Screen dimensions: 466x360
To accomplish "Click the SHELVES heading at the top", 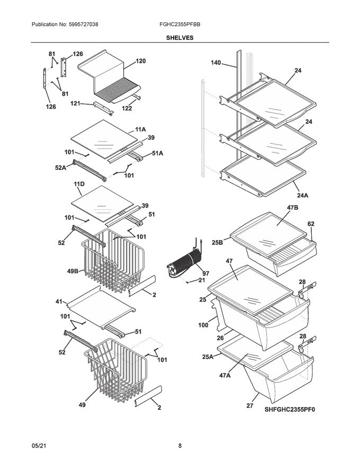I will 180,38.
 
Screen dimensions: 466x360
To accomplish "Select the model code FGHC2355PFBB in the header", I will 180,25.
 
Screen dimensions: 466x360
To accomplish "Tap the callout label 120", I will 140,61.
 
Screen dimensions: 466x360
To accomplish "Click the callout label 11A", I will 140,129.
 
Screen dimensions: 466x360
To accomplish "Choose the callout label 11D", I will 79,184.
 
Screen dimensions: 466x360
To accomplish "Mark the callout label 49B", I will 73,272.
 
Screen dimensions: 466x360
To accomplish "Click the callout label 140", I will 215,63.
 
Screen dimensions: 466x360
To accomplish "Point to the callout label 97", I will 205,273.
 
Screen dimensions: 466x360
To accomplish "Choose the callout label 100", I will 203,325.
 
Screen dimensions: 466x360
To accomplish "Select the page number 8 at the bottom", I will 180,446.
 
